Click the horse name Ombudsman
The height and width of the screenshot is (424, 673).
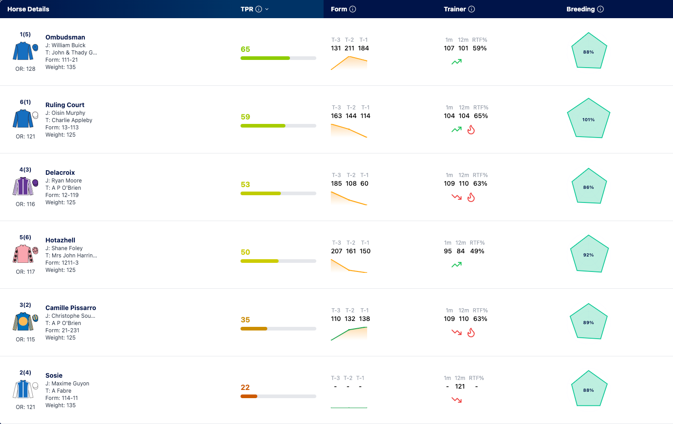pos(65,37)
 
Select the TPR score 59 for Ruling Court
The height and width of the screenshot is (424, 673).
pos(245,117)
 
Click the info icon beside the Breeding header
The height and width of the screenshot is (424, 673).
pos(600,9)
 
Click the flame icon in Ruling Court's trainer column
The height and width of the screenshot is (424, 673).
pos(471,129)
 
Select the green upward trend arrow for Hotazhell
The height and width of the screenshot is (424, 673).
pos(457,265)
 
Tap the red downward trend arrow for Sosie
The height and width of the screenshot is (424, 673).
pos(457,400)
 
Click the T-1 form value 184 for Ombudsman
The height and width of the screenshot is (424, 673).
pos(363,48)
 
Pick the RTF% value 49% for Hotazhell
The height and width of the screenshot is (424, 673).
pos(477,251)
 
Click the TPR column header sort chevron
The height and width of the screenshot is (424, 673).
pos(267,10)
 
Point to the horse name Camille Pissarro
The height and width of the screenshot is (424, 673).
pos(71,308)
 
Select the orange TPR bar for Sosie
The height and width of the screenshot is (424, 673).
pos(249,396)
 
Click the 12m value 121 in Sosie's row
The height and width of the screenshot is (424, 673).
pos(460,386)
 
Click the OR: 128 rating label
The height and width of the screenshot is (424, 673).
pos(25,69)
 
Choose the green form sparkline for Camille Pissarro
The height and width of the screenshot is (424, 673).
pos(349,333)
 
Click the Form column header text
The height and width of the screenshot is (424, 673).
pos(339,9)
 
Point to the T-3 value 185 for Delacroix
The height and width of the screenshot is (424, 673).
pos(336,183)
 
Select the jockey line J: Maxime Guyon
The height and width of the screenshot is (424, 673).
pos(67,384)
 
